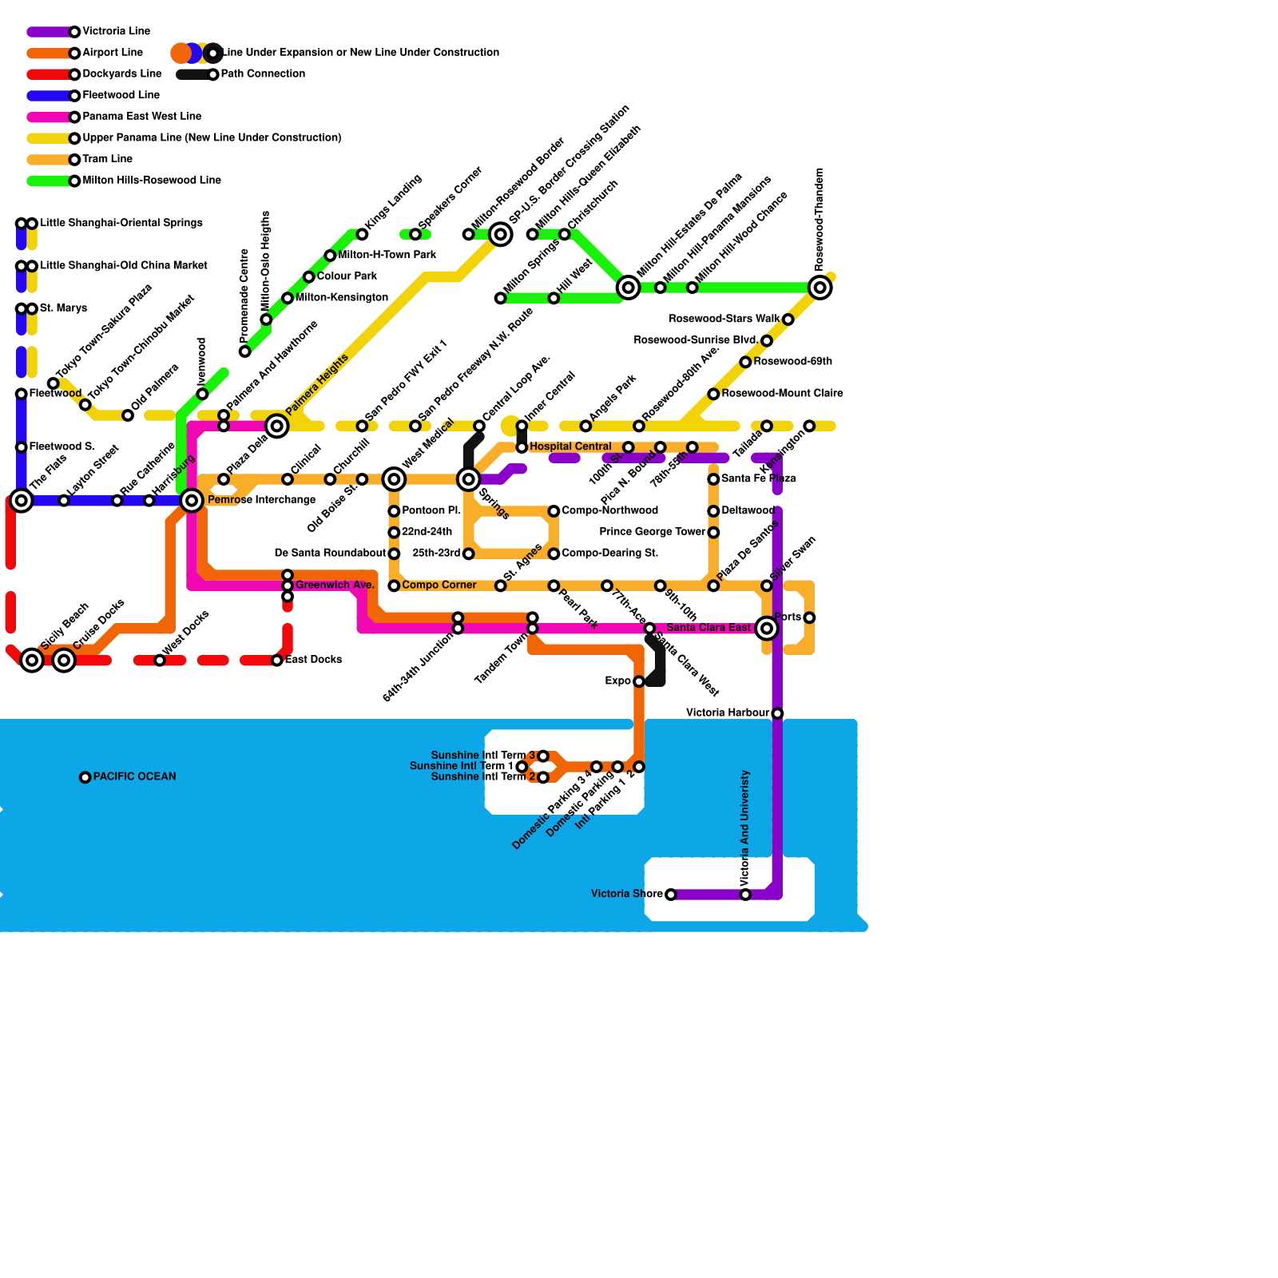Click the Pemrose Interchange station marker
tap(192, 501)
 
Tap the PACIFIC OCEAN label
tap(134, 776)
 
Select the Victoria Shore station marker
tap(671, 895)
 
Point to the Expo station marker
tap(639, 681)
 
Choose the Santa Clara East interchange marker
tap(767, 629)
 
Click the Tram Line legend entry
tap(107, 159)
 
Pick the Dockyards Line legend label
tap(121, 73)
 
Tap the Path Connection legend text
tap(263, 73)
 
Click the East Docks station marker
tap(277, 661)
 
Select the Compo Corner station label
tap(439, 585)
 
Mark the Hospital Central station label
tap(570, 447)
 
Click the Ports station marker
tap(809, 617)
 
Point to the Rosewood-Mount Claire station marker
tap(713, 394)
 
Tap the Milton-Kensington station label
tap(341, 297)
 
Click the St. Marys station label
tap(63, 308)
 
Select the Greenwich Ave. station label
tap(335, 585)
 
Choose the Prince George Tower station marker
tap(713, 533)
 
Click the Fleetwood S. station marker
tap(22, 447)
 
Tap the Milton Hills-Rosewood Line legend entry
tap(152, 181)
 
